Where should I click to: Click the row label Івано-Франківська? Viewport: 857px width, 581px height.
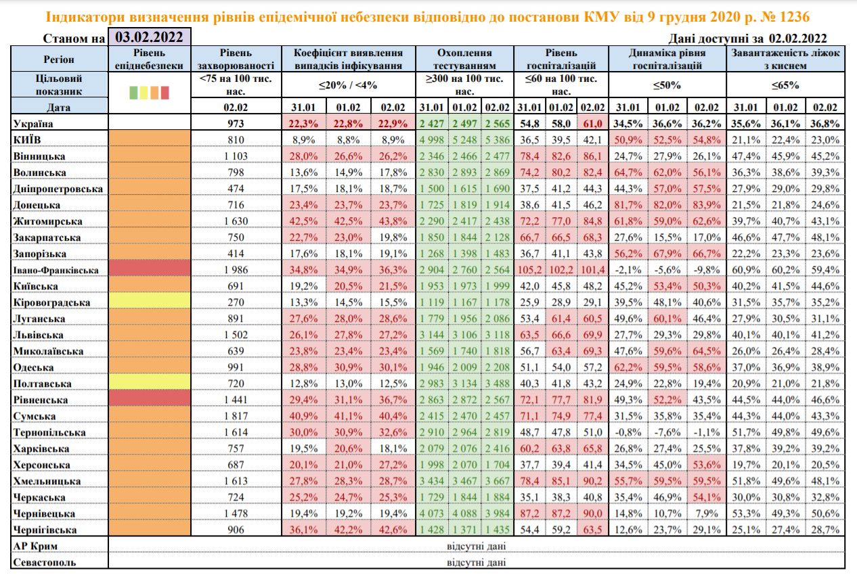56,270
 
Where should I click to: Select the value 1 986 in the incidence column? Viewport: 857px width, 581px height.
237,270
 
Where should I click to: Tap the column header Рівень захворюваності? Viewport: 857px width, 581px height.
237,59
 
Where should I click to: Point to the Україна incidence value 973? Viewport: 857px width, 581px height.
237,124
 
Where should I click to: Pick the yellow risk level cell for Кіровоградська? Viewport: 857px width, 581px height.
150,302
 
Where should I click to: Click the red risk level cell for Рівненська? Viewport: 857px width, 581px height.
150,400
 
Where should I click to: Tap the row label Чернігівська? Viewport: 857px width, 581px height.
46,530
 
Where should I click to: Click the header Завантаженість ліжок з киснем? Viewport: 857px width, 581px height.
785,59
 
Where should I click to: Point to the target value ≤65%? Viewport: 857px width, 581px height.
785,86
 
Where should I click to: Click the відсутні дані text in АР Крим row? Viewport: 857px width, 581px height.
477,546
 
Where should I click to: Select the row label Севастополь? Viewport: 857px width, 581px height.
45,562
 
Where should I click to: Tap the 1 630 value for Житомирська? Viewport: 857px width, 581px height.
237,221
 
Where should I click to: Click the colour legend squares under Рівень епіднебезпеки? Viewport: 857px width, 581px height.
150,92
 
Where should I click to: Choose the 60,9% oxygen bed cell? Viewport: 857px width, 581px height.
746,270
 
